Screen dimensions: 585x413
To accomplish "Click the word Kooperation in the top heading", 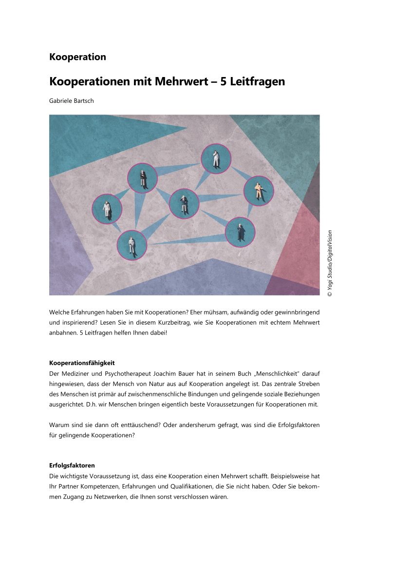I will [x=77, y=57].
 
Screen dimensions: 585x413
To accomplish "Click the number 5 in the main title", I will [x=224, y=81].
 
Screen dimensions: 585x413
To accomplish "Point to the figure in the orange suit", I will [x=259, y=191].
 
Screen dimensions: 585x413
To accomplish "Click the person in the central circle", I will [x=184, y=204].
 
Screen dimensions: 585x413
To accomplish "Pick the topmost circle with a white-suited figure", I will [x=216, y=159].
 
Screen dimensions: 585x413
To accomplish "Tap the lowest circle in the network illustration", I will [x=131, y=245].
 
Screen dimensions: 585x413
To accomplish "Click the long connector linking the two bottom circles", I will [x=188, y=239].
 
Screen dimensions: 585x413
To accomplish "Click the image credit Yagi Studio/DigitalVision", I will [x=330, y=263].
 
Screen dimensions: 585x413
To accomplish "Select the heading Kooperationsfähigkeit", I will [x=82, y=363].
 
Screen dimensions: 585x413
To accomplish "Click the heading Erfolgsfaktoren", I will [x=72, y=466].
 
